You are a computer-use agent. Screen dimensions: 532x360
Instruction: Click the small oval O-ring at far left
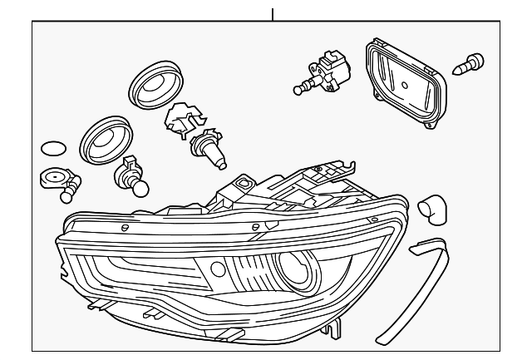point(52,150)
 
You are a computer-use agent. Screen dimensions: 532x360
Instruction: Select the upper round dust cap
point(155,83)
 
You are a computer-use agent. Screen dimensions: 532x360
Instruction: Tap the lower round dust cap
point(105,138)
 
